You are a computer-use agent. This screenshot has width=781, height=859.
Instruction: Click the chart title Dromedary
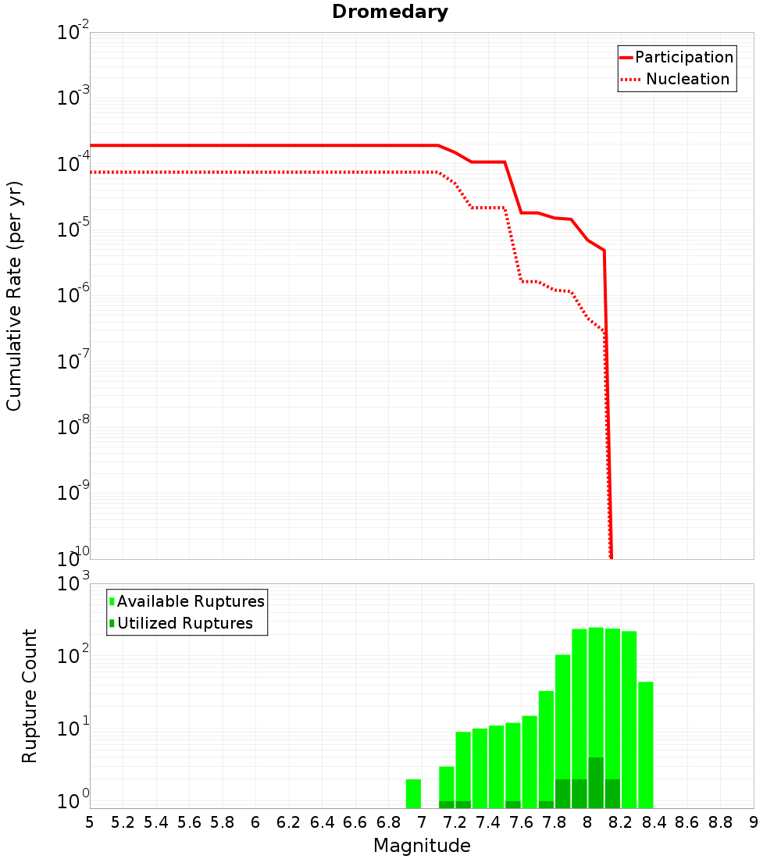pyautogui.click(x=390, y=12)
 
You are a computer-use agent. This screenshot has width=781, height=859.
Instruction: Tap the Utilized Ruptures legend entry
pyautogui.click(x=184, y=623)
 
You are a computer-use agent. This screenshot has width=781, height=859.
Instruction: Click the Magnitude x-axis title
pyautogui.click(x=422, y=846)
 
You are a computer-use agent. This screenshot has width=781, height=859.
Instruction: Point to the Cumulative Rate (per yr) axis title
pyautogui.click(x=15, y=295)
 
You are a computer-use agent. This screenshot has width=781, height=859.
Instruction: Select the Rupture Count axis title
pyautogui.click(x=30, y=696)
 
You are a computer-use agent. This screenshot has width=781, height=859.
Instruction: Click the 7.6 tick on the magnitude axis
pyautogui.click(x=521, y=822)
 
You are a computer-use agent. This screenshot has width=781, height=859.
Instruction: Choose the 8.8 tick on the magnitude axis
pyautogui.click(x=720, y=822)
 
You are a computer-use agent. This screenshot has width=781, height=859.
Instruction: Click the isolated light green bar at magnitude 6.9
pyautogui.click(x=414, y=793)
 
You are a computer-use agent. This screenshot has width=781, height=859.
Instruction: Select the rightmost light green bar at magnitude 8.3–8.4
pyautogui.click(x=645, y=745)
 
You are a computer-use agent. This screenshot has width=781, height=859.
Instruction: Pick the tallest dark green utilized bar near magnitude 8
pyautogui.click(x=596, y=782)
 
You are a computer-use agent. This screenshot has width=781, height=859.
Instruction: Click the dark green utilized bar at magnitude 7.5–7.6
pyautogui.click(x=512, y=804)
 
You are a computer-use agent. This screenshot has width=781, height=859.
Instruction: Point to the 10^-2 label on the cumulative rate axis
pyautogui.click(x=73, y=33)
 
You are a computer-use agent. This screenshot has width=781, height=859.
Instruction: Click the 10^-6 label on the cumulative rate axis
pyautogui.click(x=73, y=296)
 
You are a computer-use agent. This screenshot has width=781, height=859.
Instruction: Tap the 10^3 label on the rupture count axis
pyautogui.click(x=73, y=584)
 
